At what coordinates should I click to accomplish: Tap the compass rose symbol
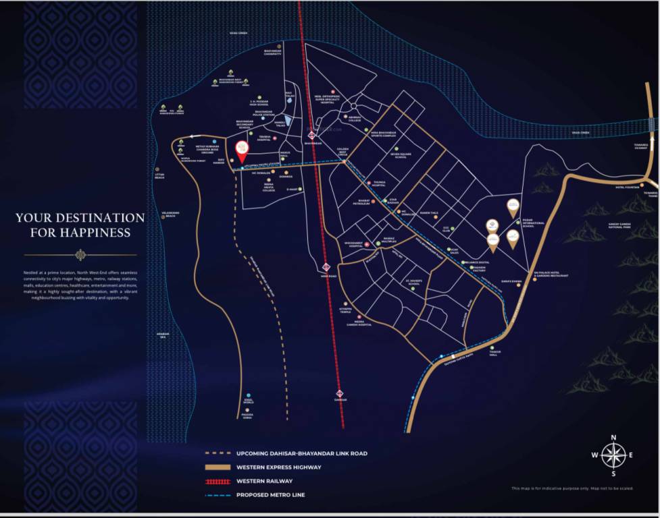click(x=613, y=455)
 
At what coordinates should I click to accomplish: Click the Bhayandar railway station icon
click(x=312, y=134)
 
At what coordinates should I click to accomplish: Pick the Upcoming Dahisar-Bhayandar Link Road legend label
click(x=301, y=453)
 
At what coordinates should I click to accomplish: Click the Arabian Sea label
click(x=161, y=335)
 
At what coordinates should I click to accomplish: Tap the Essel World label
click(x=249, y=403)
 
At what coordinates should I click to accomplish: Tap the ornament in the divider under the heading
click(x=80, y=255)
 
